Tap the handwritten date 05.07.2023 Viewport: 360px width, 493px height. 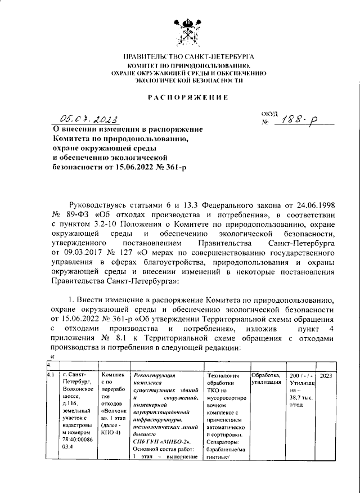(89, 119)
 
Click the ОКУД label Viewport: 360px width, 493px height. (271, 114)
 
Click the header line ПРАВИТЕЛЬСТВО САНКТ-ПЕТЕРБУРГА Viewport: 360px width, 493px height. (188, 57)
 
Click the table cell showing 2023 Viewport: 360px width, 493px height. (327, 375)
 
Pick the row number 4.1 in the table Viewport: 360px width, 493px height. (51, 375)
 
